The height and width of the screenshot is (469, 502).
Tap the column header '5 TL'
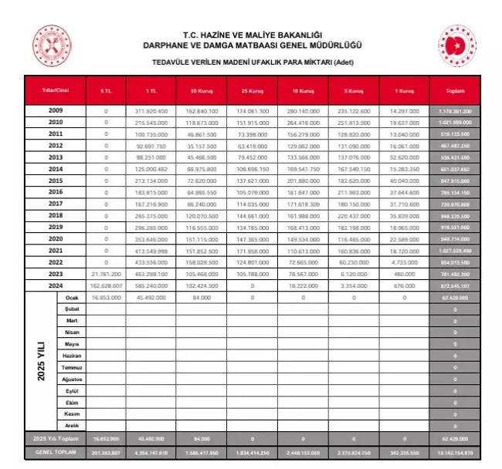107,91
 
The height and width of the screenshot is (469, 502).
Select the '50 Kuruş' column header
201,91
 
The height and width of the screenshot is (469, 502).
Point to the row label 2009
55,111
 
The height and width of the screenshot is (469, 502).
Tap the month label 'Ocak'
73,296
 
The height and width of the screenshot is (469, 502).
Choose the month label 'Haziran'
73,356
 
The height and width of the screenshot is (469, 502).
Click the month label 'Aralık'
73,425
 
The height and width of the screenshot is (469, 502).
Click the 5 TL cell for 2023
107,273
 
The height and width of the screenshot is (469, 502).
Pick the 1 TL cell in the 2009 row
151,111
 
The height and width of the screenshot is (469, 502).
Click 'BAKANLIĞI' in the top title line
294,35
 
